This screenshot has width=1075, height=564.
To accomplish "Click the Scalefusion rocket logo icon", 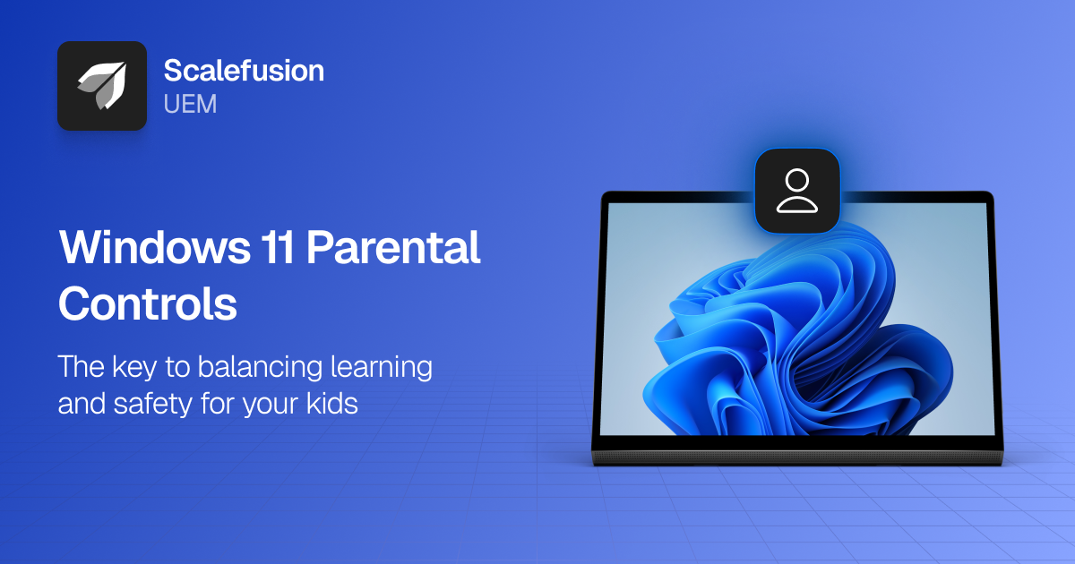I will (x=101, y=86).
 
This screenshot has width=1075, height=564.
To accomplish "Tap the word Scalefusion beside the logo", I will (x=244, y=71).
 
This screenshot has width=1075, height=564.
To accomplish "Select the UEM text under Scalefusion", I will (x=190, y=104).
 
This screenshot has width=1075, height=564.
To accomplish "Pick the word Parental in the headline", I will (x=394, y=247).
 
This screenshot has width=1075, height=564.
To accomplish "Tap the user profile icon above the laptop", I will (x=796, y=191).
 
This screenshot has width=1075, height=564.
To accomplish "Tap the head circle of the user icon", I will (x=796, y=179).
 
